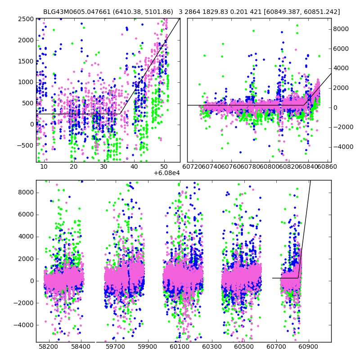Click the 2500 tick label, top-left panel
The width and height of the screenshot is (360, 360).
point(26,19)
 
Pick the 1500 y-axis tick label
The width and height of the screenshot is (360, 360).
point(26,61)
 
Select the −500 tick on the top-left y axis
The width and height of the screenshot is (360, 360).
point(25,145)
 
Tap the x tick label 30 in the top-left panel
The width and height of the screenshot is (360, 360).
point(104,167)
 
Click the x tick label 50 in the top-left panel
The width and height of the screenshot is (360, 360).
point(164,167)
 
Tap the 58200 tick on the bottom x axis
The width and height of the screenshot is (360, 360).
point(48,347)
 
